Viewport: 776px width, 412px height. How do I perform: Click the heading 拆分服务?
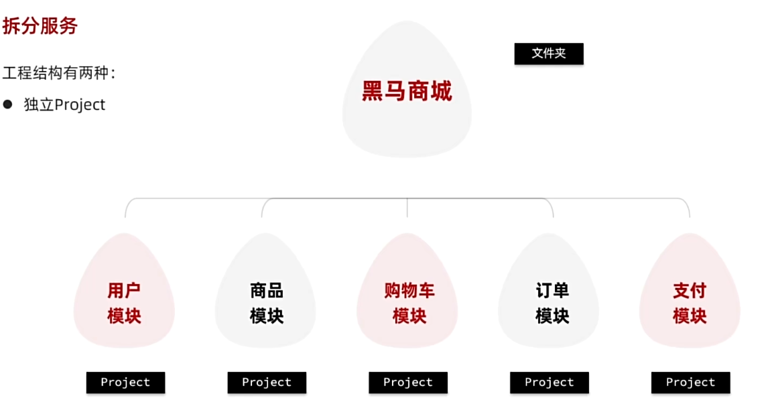click(40, 26)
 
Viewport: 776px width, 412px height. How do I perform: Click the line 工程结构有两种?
click(59, 73)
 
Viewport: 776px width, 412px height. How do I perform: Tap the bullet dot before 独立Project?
click(8, 105)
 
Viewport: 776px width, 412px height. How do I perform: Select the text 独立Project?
click(65, 105)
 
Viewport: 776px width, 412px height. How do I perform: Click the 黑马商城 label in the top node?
click(407, 91)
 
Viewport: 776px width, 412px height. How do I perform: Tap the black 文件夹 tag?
click(549, 54)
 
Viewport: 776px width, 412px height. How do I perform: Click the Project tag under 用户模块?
click(125, 383)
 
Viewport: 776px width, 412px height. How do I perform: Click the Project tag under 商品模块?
click(267, 383)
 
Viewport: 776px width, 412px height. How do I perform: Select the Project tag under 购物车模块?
click(408, 383)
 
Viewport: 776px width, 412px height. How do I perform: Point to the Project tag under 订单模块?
click(549, 383)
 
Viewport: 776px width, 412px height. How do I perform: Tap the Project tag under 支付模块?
click(691, 383)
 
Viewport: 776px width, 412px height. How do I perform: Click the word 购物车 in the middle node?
click(409, 291)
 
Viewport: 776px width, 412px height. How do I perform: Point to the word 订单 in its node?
click(552, 291)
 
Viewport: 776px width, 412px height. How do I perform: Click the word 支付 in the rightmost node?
click(690, 291)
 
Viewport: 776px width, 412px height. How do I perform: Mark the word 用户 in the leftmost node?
click(124, 291)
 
